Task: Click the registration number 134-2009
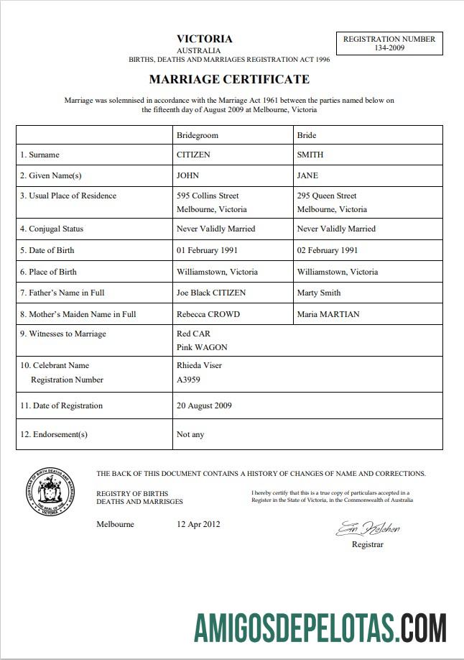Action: click(389, 48)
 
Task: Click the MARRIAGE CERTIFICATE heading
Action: click(229, 79)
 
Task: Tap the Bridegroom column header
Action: click(197, 135)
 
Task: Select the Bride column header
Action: click(306, 135)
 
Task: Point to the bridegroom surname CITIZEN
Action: click(193, 155)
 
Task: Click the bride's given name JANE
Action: click(307, 175)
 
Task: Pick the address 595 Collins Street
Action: click(208, 196)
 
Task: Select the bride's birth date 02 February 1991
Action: click(327, 250)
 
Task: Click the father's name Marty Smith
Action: click(318, 293)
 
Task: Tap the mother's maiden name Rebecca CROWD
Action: click(208, 314)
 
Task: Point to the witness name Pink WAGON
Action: click(202, 347)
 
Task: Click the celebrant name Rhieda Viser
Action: click(199, 365)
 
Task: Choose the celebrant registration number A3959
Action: click(188, 380)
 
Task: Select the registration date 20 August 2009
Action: click(204, 405)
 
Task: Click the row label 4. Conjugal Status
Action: click(52, 229)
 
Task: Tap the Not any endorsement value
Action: click(190, 434)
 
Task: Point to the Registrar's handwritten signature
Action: click(368, 530)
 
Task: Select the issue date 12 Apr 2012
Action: click(198, 524)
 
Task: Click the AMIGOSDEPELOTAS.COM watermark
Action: click(320, 628)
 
